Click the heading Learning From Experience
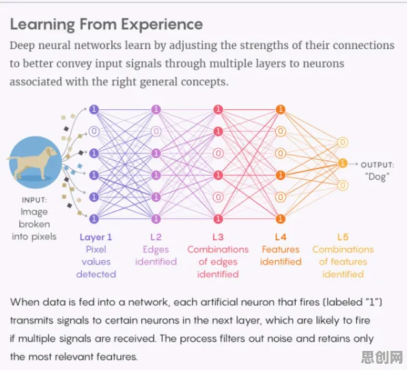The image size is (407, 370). coord(107,25)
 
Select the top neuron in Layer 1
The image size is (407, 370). coord(94,109)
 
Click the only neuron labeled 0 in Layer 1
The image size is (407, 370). coord(94,131)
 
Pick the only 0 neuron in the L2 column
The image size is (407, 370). coord(156,131)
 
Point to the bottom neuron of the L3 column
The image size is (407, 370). coord(219,218)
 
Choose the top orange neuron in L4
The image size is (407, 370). coord(281,109)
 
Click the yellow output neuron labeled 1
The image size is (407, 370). coord(343,163)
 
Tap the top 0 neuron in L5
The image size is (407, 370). coord(343,142)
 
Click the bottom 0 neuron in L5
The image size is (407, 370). coord(343,185)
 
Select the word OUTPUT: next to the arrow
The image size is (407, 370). coord(378,165)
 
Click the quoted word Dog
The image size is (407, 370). coord(377,177)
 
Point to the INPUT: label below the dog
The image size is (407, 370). coord(34,200)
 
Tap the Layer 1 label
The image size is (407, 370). coord(96,237)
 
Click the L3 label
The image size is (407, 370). coord(218,237)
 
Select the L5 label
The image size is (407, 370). coord(343,237)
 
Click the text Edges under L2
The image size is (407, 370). coord(156,250)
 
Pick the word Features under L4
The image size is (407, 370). coord(281,249)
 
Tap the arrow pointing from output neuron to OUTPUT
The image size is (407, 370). coord(353,164)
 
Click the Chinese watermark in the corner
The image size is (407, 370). coord(382,357)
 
